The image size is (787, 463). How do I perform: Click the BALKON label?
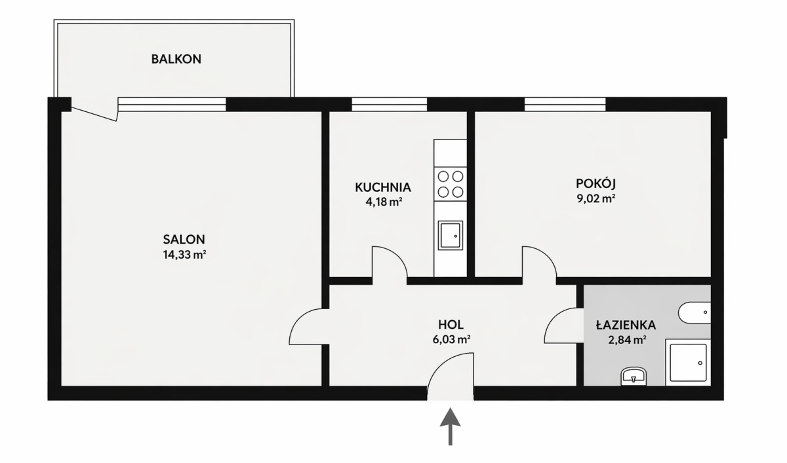[x=176, y=59]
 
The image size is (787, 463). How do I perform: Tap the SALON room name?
[x=184, y=240]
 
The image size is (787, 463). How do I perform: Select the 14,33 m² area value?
[x=184, y=255]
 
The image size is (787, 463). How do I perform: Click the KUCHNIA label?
[x=383, y=187]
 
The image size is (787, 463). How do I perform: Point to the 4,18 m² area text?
[x=384, y=202]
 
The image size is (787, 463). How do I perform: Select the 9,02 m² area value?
[x=596, y=199]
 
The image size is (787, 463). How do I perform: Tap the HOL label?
[x=451, y=324]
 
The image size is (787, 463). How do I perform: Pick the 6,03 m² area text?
[x=451, y=339]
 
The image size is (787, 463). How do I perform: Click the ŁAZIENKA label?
[x=626, y=325]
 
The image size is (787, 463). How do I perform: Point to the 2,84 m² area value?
[x=627, y=340]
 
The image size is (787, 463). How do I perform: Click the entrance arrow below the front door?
[x=450, y=426]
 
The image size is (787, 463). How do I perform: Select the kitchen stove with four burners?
[x=451, y=184]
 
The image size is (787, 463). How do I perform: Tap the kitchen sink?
[x=450, y=235]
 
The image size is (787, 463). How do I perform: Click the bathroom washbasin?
[x=634, y=377]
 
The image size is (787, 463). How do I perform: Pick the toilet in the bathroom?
[x=695, y=312]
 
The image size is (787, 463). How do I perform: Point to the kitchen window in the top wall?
[x=390, y=105]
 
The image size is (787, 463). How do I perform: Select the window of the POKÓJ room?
[x=565, y=105]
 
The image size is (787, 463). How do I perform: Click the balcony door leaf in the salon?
[x=94, y=114]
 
